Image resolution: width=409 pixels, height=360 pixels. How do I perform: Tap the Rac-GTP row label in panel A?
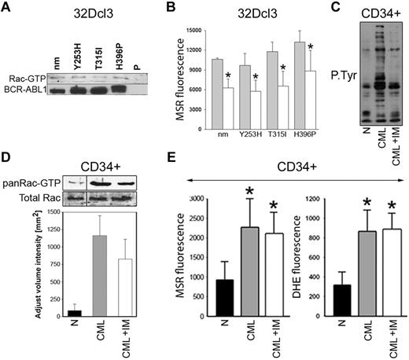point(24,79)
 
